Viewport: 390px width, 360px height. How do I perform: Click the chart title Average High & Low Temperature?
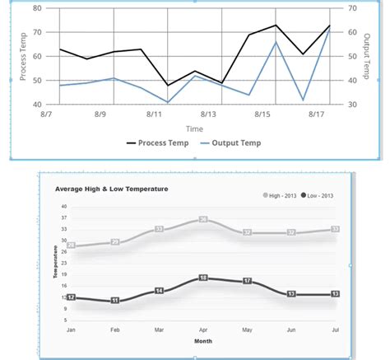point(111,189)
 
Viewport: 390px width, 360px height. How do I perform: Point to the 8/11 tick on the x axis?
point(154,115)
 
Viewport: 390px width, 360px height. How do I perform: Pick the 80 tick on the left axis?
point(36,8)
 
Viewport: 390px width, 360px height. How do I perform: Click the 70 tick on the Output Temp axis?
point(352,8)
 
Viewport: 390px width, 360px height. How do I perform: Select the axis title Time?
point(194,129)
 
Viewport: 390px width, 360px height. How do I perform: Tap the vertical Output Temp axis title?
point(364,56)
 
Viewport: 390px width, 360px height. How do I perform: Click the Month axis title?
point(202,340)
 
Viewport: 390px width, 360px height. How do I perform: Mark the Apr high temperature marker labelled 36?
point(203,219)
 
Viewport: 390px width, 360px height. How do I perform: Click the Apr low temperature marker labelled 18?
point(203,278)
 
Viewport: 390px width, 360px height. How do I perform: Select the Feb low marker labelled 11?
point(114,301)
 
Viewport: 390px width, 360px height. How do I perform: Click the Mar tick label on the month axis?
point(159,329)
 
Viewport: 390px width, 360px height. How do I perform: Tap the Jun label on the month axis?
point(291,329)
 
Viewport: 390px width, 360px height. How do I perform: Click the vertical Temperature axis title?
point(56,261)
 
